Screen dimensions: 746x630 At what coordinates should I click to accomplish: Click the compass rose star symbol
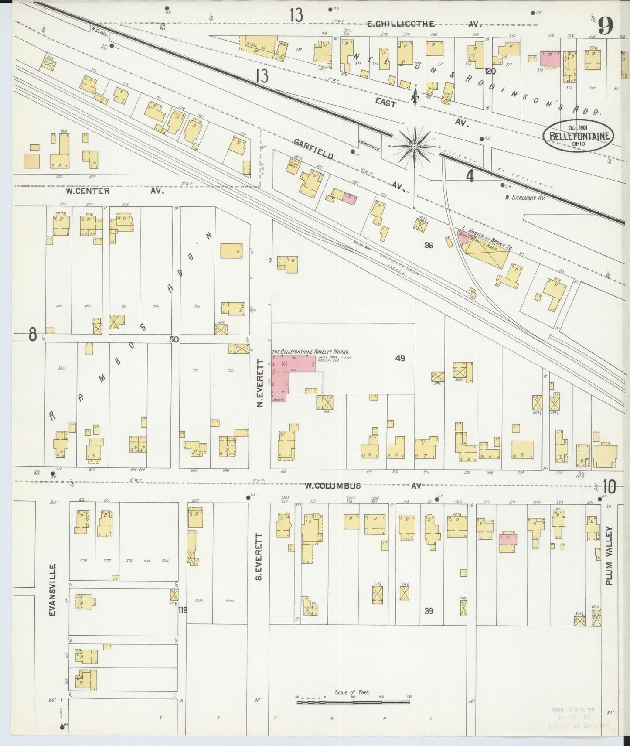415,145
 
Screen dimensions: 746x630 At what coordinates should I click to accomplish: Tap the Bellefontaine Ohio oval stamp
578,135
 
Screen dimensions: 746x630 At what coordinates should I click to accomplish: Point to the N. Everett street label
260,383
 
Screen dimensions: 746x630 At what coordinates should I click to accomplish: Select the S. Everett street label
258,556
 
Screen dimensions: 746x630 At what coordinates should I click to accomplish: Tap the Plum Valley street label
609,555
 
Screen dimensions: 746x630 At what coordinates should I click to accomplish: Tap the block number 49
400,358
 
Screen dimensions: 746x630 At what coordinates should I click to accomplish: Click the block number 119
182,610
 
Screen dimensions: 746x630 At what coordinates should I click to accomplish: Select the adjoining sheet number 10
609,486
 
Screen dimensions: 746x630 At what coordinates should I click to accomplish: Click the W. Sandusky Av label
525,198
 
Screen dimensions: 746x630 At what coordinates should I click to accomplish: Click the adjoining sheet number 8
32,335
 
